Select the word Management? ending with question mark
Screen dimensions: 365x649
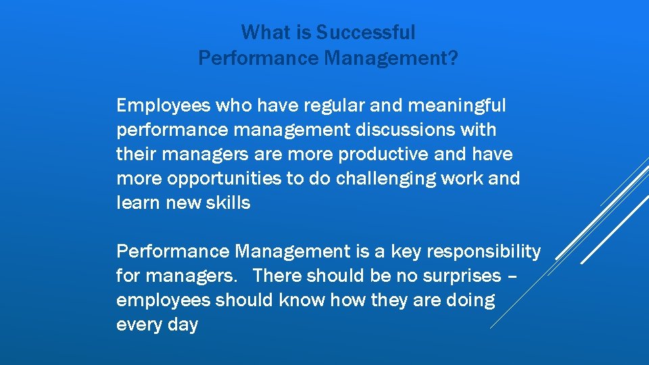click(391, 58)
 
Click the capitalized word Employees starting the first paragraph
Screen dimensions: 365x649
click(163, 105)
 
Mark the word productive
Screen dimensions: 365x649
click(382, 154)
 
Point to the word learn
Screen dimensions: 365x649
click(137, 203)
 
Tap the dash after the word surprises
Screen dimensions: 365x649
click(513, 276)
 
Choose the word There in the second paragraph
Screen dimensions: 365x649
click(278, 276)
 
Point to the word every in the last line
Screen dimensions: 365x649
click(138, 324)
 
